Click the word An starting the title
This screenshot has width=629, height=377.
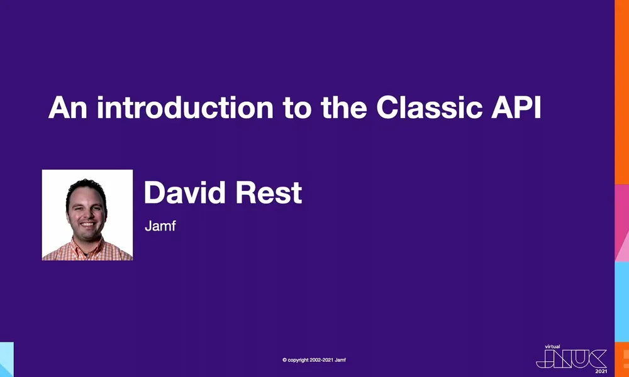[x=67, y=108]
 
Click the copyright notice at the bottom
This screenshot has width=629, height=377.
[x=314, y=360]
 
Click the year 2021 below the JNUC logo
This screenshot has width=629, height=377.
[x=601, y=371]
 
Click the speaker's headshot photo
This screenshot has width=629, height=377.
[x=87, y=215]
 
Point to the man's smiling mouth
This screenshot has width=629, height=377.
[x=87, y=224]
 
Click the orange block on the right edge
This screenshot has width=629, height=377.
[x=621, y=94]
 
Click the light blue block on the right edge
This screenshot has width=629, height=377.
[x=621, y=302]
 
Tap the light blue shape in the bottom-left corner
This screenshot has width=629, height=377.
[x=6, y=359]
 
